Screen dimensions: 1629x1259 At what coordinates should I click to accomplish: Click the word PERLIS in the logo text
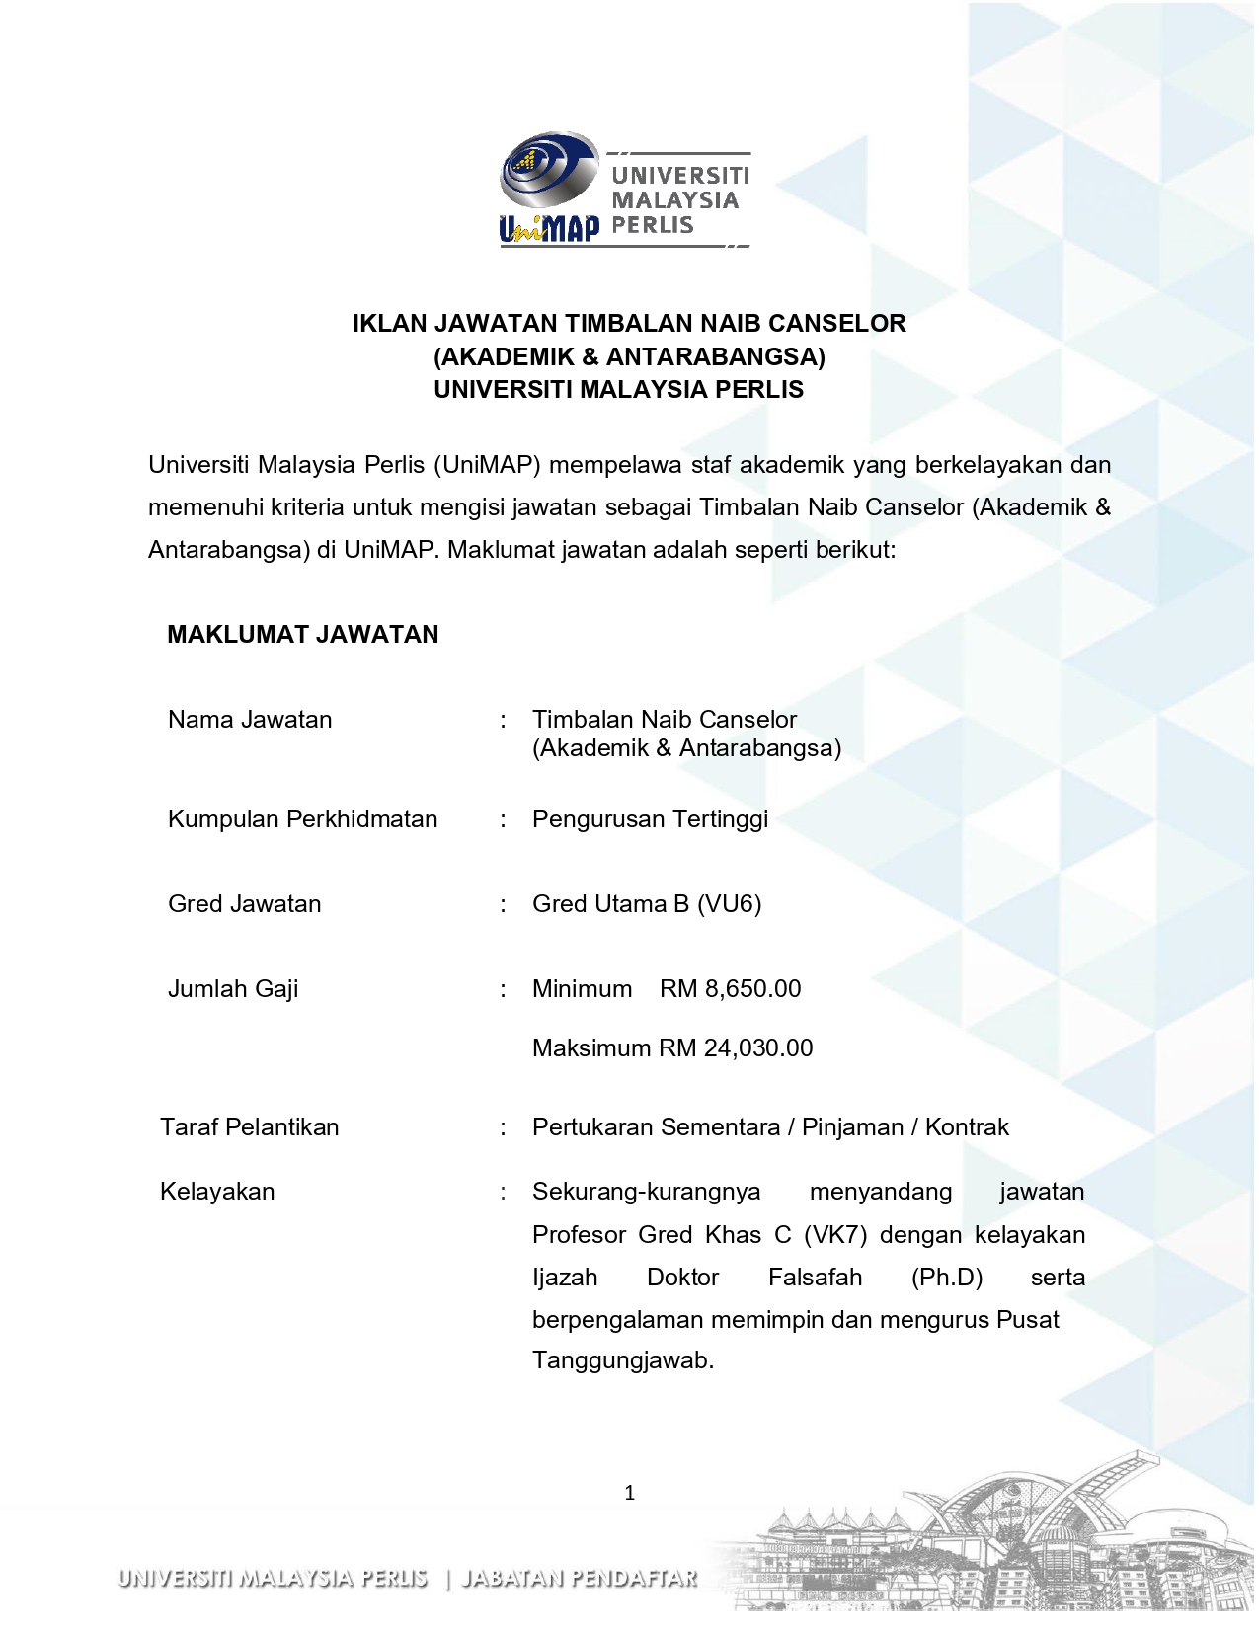click(x=652, y=225)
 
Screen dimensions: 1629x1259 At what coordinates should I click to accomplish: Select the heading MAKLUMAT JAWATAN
click(x=302, y=635)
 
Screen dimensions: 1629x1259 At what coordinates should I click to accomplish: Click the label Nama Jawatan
click(x=250, y=720)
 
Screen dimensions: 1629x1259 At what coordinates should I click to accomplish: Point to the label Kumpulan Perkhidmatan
click(x=302, y=819)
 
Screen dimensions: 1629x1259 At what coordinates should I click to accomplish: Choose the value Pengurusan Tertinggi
click(x=650, y=819)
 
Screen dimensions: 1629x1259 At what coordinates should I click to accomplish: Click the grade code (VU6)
click(x=729, y=904)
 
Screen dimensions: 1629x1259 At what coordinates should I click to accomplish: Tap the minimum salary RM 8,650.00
click(x=731, y=989)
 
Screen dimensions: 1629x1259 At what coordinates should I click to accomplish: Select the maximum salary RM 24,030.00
click(x=736, y=1048)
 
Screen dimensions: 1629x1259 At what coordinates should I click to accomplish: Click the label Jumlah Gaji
click(x=233, y=989)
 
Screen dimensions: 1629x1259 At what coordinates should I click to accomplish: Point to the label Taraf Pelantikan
click(x=250, y=1127)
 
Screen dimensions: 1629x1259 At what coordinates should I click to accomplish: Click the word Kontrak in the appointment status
click(x=967, y=1127)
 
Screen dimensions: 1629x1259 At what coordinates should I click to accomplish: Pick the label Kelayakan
click(x=217, y=1192)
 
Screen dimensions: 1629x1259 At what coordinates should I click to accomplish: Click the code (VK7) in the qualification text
click(x=835, y=1235)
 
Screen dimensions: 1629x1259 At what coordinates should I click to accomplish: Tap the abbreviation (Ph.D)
click(x=946, y=1278)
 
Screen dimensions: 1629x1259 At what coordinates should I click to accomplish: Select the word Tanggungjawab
click(x=622, y=1360)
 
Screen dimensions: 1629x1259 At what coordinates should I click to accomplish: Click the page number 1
click(x=630, y=1493)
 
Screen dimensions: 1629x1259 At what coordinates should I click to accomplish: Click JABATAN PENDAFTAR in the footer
click(x=580, y=1578)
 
